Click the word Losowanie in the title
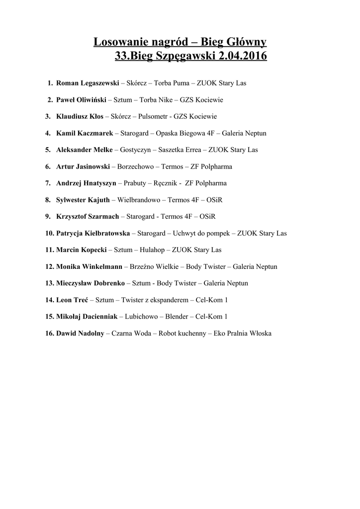coord(118,43)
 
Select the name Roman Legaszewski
coord(88,83)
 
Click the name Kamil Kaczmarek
coord(85,133)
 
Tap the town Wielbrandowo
coord(139,200)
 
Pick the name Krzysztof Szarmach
coord(88,217)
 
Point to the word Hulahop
coord(153,250)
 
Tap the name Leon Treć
coord(72,300)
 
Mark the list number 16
coord(49,334)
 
